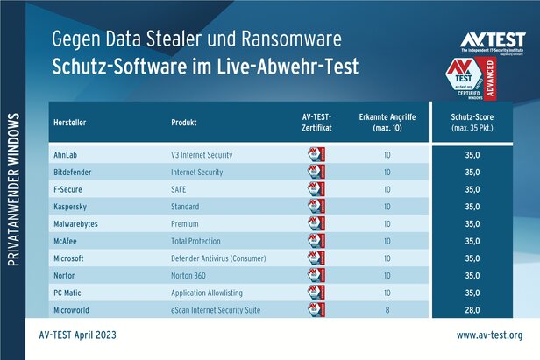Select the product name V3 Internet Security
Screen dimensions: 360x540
tap(202, 155)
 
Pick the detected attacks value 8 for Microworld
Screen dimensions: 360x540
tap(387, 310)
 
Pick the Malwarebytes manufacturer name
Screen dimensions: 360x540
tap(79, 224)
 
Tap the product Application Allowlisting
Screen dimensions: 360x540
tap(210, 293)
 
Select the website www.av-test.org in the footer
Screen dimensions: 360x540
tap(489, 335)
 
